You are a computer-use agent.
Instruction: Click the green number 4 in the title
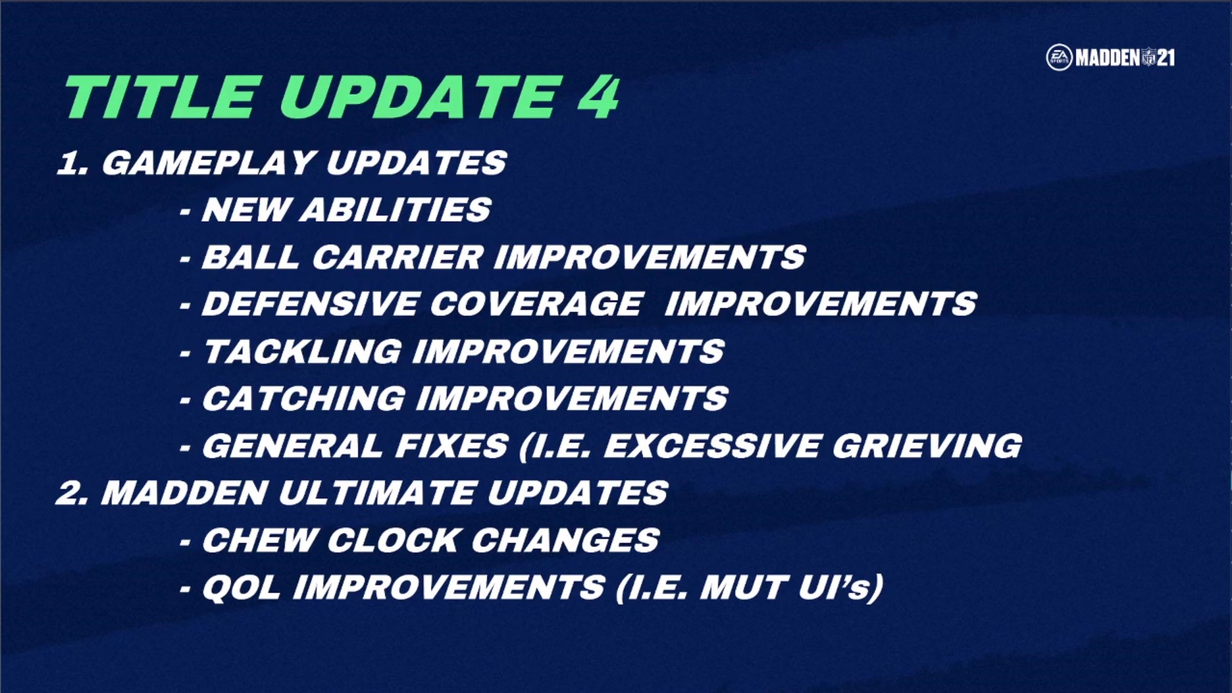point(598,97)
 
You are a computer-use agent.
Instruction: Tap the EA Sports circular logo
point(1059,58)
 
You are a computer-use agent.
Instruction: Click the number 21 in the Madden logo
point(1166,58)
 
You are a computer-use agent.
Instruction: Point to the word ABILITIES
point(395,210)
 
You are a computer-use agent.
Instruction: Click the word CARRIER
point(398,257)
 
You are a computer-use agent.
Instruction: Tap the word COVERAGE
point(536,304)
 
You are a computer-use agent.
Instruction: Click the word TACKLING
point(303,352)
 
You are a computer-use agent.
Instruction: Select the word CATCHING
point(304,398)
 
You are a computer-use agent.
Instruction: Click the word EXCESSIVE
point(712,446)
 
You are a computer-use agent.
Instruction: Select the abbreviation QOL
point(241,588)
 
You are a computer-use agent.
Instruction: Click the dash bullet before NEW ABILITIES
point(185,212)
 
